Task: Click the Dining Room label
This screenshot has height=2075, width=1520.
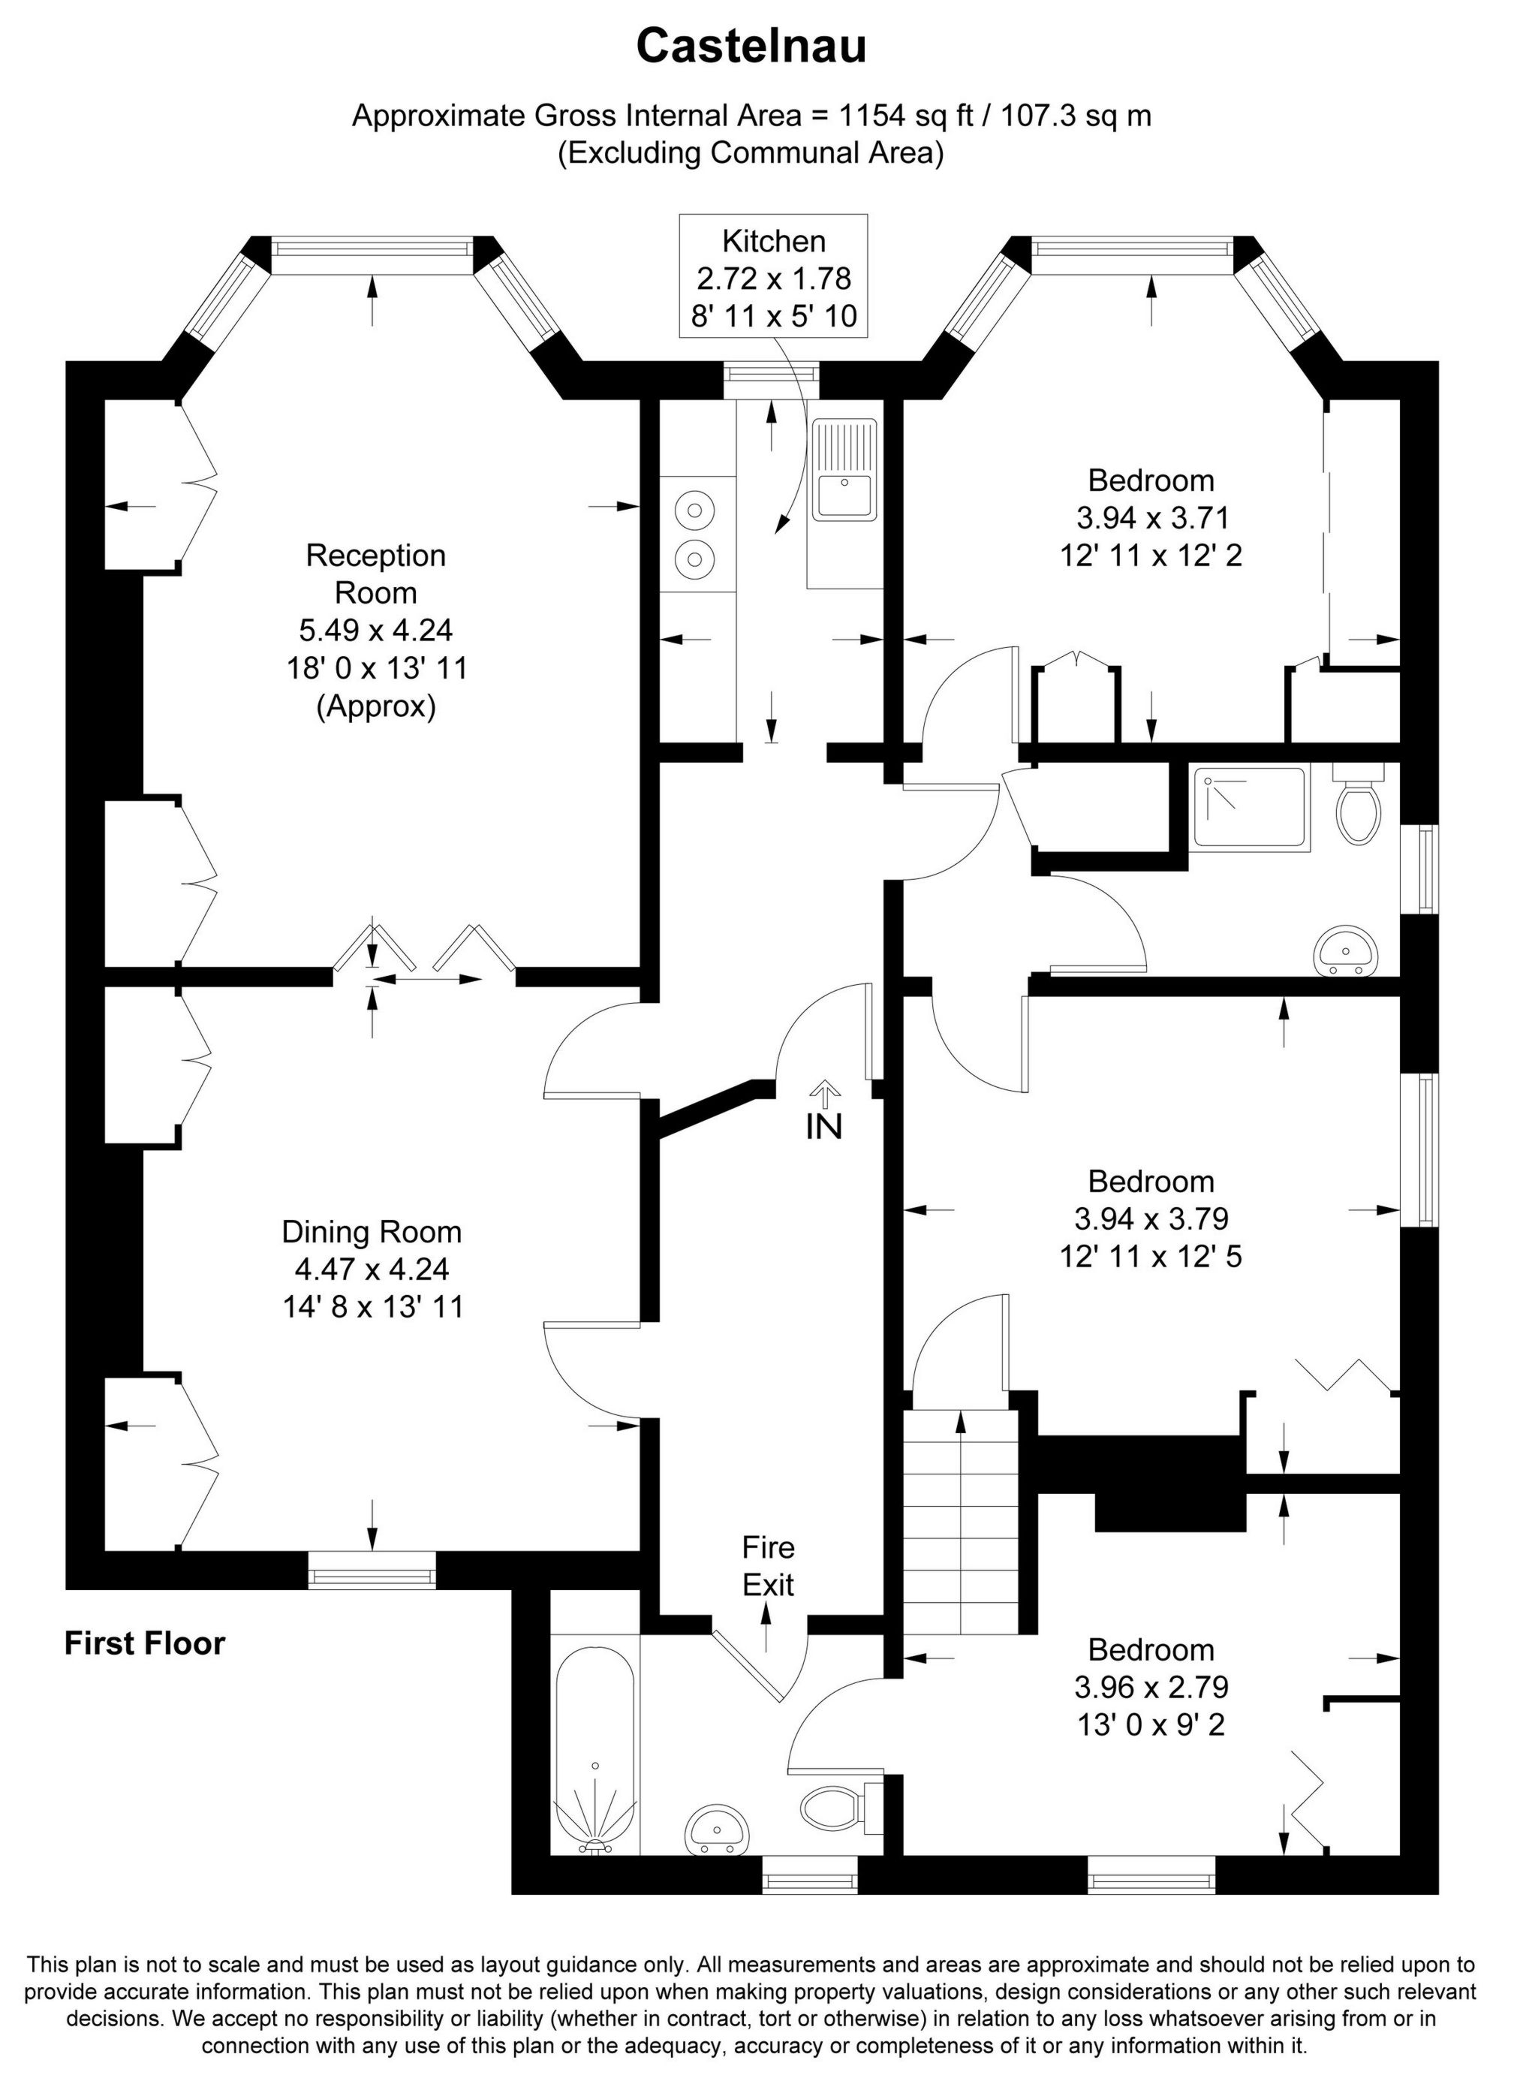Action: pos(372,1232)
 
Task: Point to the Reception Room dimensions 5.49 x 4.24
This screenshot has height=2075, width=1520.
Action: pos(375,631)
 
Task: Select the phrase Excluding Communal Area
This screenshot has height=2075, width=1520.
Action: pos(751,152)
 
